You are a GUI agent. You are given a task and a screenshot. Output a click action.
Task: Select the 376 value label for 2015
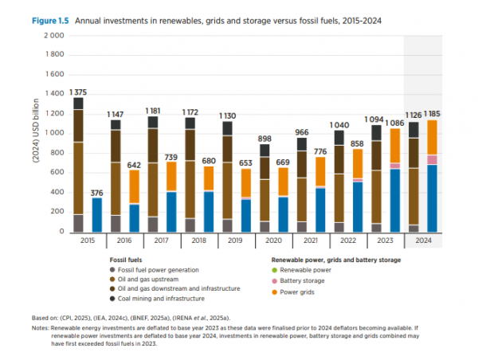click(96, 192)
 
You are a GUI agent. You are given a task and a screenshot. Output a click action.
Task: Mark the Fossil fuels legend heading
click(127, 260)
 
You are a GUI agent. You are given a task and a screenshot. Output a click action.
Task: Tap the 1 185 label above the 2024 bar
click(433, 114)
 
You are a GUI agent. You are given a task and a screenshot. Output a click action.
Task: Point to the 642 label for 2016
click(134, 165)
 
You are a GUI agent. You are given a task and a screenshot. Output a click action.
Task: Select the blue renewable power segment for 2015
click(96, 215)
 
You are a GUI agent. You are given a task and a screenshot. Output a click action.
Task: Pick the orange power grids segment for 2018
click(208, 178)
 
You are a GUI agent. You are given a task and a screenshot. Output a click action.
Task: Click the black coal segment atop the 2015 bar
click(78, 104)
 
